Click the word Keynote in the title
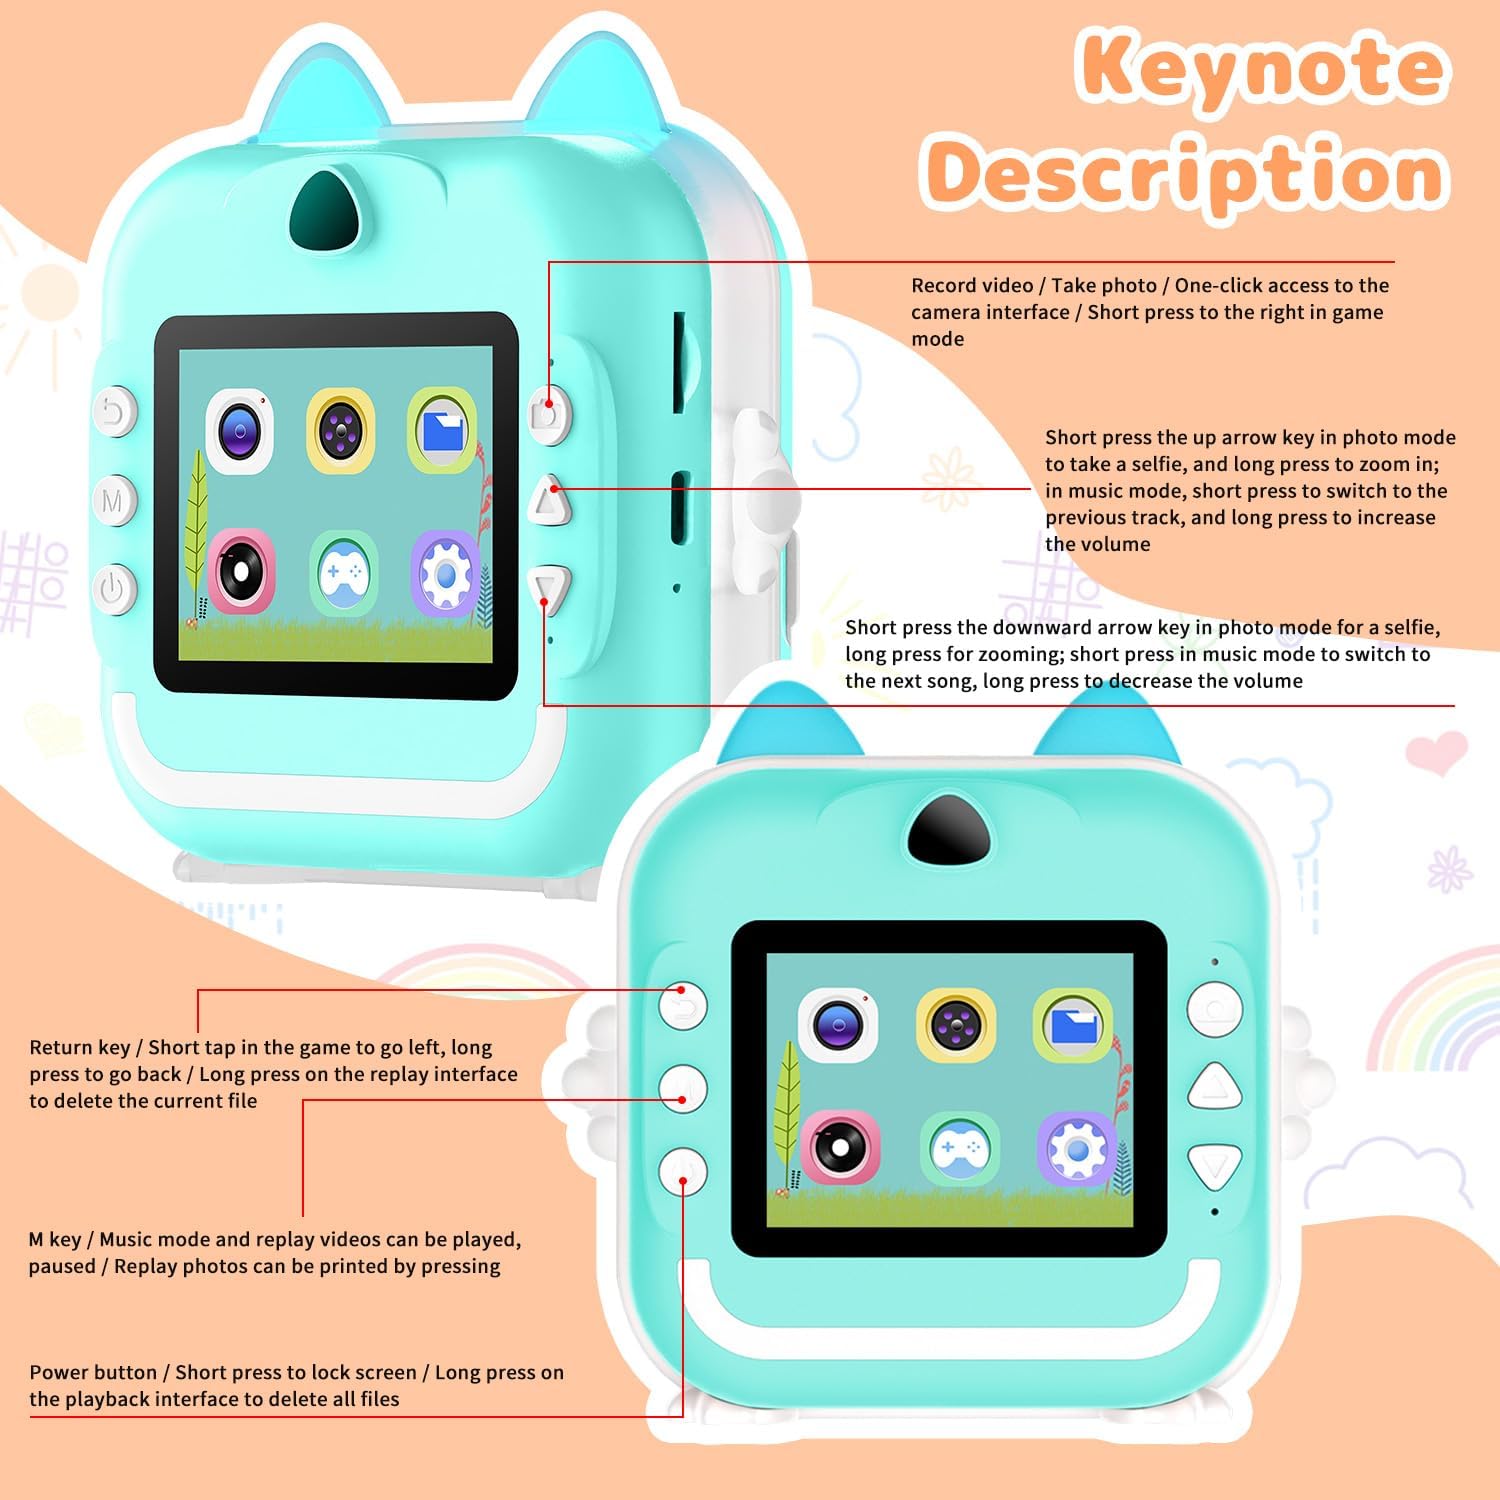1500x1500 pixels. click(1262, 68)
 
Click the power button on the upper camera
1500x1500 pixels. click(113, 588)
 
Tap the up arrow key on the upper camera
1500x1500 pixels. click(549, 499)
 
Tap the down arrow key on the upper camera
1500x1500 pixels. click(550, 590)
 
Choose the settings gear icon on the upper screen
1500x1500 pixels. click(445, 576)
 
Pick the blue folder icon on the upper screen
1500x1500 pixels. click(442, 431)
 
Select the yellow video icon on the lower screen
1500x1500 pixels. click(956, 1025)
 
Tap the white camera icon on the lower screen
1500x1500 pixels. click(838, 1024)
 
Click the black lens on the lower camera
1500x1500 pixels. click(949, 828)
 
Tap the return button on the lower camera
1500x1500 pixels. click(683, 1006)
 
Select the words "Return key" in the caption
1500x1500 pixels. click(80, 1047)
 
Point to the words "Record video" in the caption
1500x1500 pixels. click(972, 285)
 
